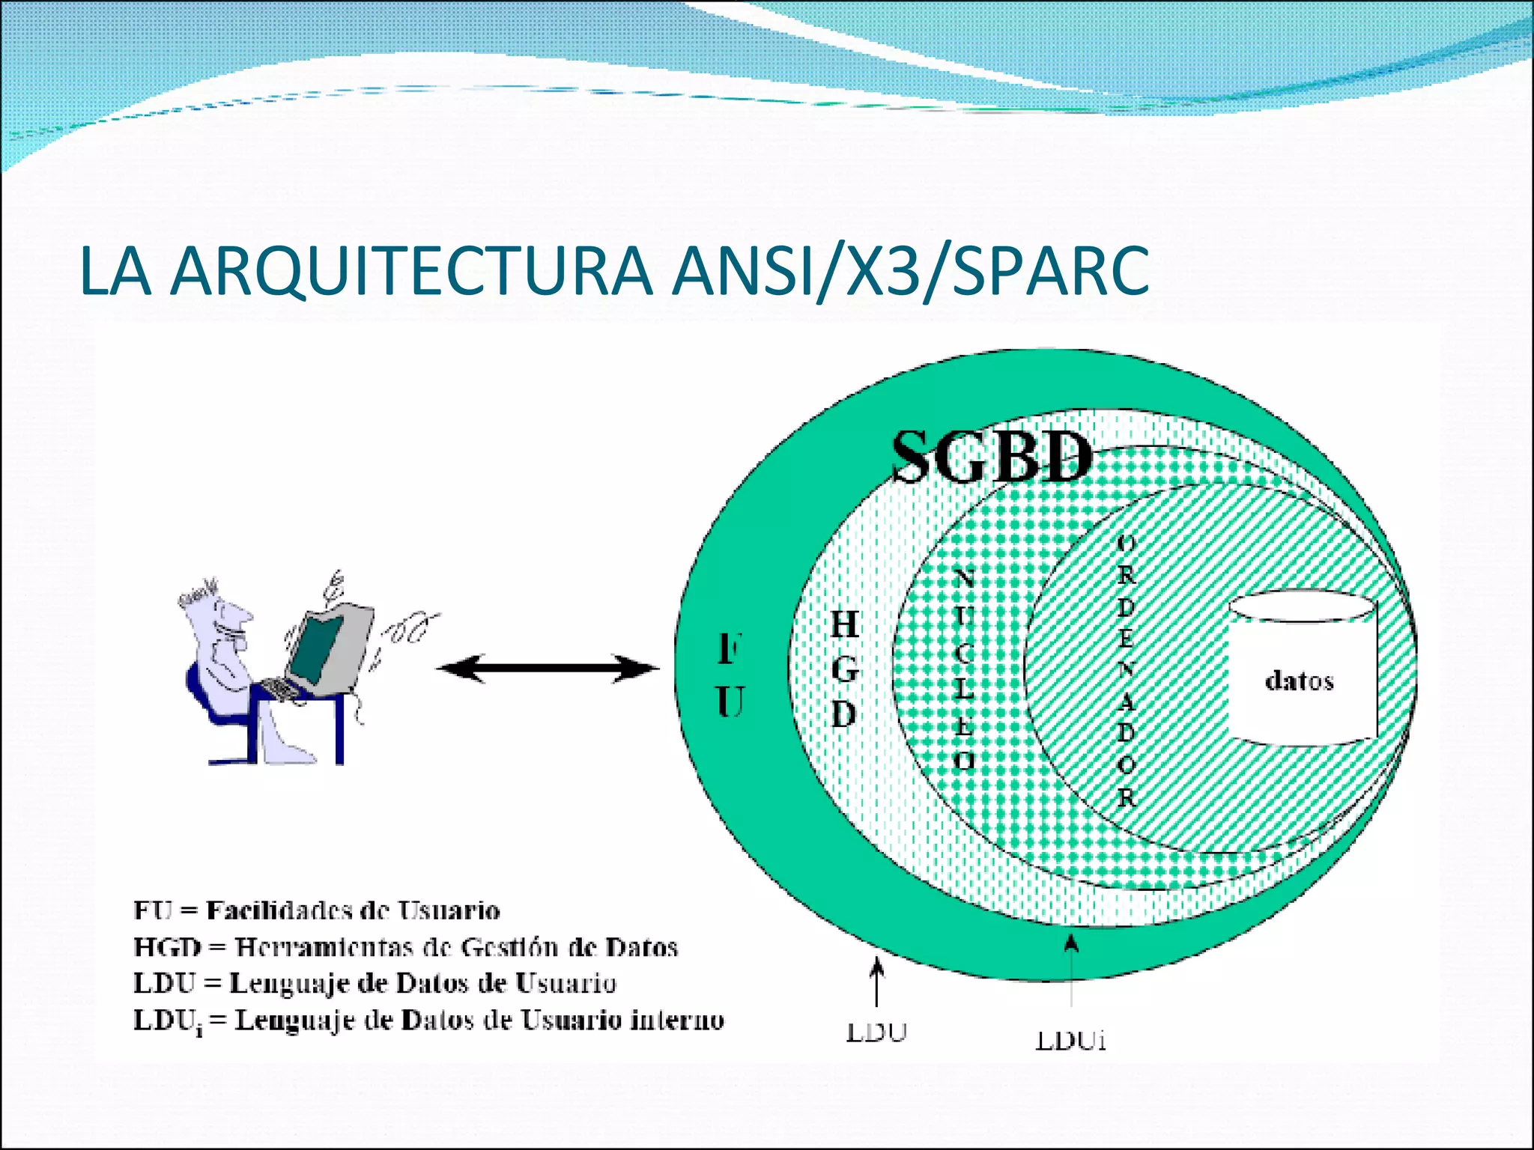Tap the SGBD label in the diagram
pos(991,457)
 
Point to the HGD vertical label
pos(845,669)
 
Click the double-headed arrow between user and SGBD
pos(547,669)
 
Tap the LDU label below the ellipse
pos(876,1033)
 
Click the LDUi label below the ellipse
pos(1071,1041)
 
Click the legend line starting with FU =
pos(316,910)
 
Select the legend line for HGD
pos(405,947)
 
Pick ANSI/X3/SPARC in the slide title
pos(910,271)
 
